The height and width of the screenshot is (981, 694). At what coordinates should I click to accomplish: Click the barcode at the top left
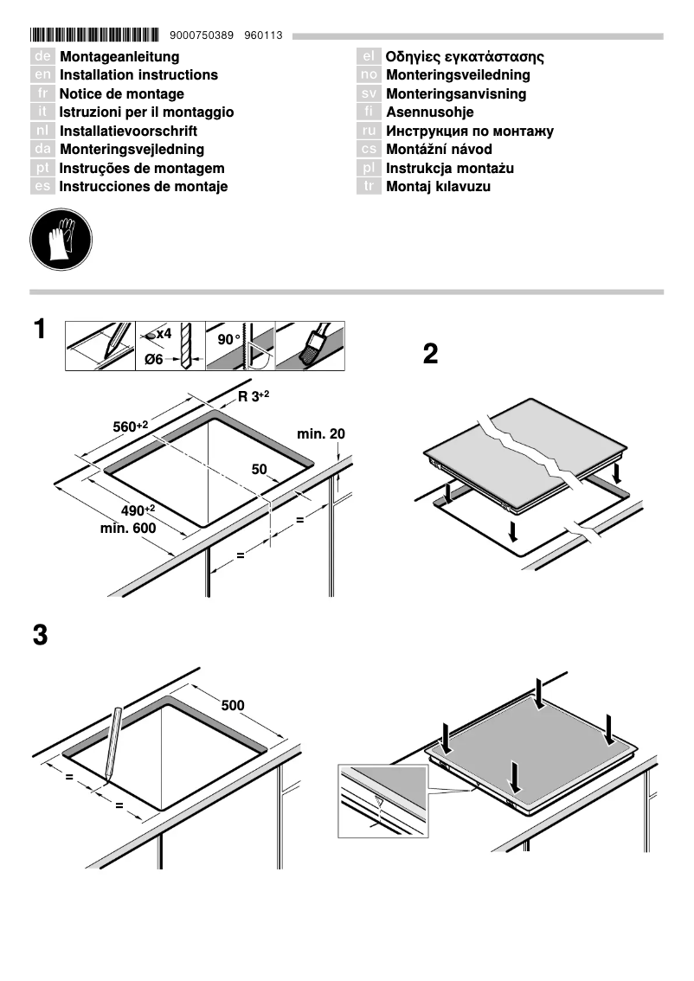click(x=94, y=35)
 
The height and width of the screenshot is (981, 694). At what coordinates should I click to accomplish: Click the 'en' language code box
click(x=42, y=75)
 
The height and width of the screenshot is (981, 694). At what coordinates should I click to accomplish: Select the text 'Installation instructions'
click(x=138, y=75)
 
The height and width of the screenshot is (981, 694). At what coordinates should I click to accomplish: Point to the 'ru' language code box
click(x=369, y=131)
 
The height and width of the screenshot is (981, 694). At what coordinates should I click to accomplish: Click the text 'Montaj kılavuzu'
click(x=438, y=187)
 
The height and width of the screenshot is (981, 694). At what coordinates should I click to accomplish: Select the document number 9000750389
click(x=202, y=35)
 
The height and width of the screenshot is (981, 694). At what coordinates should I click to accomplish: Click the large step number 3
click(x=40, y=635)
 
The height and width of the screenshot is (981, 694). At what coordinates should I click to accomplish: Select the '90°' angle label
click(x=229, y=340)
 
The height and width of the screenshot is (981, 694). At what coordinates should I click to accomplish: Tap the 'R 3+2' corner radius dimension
click(x=254, y=396)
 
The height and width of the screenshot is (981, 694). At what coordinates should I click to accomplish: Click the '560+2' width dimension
click(x=131, y=426)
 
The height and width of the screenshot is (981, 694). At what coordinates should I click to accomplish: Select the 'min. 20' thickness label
click(x=321, y=433)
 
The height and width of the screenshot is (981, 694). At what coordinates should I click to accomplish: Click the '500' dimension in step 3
click(x=233, y=705)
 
